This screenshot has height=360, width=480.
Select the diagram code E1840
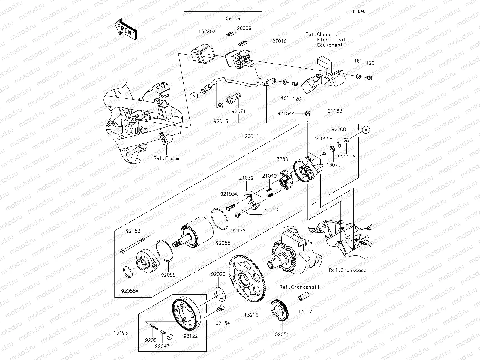pos(359,11)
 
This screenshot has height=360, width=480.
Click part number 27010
pos(280,41)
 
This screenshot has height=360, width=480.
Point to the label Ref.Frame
pos(166,158)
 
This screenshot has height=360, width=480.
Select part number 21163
pos(335,111)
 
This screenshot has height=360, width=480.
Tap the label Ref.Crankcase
pos(348,270)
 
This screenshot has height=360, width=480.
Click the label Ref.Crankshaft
pos(299,287)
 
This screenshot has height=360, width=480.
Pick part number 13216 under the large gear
pos(251,315)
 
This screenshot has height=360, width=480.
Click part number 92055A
pos(130,291)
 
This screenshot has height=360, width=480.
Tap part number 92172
pos(238,231)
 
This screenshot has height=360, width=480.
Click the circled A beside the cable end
pos(194,96)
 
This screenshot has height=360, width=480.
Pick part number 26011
pos(252,136)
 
